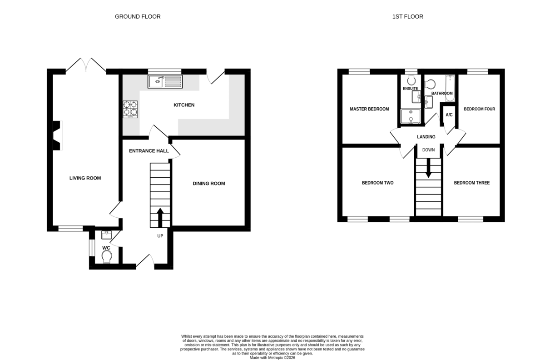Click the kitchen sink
click(x=165, y=82)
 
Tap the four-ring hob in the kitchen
click(x=130, y=110)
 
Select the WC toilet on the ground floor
click(x=107, y=257)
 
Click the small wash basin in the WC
click(x=106, y=235)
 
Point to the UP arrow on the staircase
click(x=160, y=218)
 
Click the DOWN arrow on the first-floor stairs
click(x=428, y=168)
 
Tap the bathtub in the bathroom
click(x=450, y=88)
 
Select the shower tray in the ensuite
click(x=411, y=116)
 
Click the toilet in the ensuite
click(x=411, y=79)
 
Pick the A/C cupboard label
click(x=449, y=115)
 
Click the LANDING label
click(x=426, y=137)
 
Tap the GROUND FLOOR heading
click(x=138, y=16)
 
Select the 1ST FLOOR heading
click(x=407, y=16)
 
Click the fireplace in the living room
click(x=57, y=135)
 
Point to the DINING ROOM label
click(x=209, y=184)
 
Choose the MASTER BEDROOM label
click(x=369, y=109)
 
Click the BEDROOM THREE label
click(x=472, y=183)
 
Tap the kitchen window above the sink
click(x=165, y=71)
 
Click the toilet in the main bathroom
click(x=430, y=84)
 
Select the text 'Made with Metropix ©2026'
click(x=272, y=358)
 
